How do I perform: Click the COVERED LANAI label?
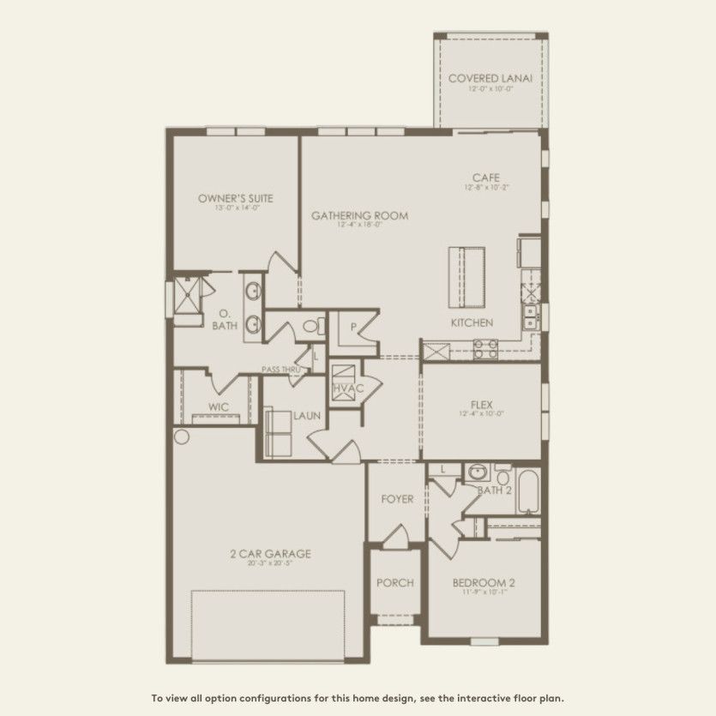coord(490,78)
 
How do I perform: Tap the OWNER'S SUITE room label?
coord(229,198)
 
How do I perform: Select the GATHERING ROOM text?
coord(359,215)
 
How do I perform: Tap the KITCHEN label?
coord(472,322)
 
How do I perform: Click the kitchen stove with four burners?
coord(485,347)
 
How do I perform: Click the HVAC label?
coord(348,388)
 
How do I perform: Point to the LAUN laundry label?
coord(307,416)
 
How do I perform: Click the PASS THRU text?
coord(282,370)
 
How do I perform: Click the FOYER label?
coord(397,499)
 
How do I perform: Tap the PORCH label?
coord(394,582)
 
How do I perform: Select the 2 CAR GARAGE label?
coord(271,553)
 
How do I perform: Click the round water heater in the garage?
coord(181,437)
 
